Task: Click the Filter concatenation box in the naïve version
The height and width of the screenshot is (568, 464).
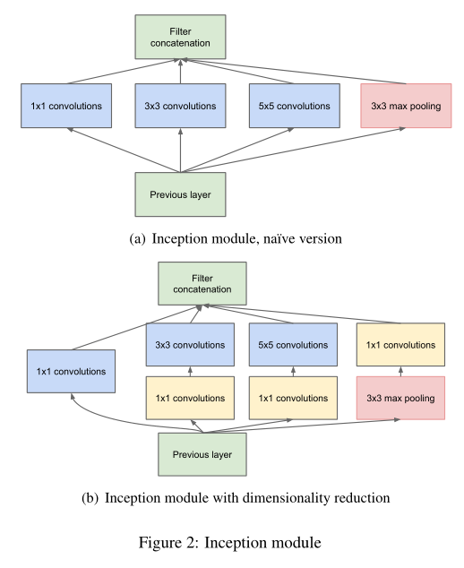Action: pos(181,37)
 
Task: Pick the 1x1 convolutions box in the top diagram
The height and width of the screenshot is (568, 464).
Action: pos(65,106)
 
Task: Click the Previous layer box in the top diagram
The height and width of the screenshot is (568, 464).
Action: pos(181,194)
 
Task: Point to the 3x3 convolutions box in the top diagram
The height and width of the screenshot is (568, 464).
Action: pos(181,106)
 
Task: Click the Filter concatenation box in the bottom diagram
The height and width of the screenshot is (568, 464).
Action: pos(202,283)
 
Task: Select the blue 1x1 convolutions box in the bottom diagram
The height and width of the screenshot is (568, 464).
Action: pos(71,371)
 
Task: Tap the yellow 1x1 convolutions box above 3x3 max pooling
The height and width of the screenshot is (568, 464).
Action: pos(400,345)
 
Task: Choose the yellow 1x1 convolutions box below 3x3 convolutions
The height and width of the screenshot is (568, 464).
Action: pos(190,397)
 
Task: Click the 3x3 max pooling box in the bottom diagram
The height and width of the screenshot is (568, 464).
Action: pos(400,397)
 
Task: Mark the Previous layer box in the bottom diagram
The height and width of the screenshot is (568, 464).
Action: pos(202,454)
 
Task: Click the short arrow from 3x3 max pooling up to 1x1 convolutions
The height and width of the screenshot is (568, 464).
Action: pos(400,371)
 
